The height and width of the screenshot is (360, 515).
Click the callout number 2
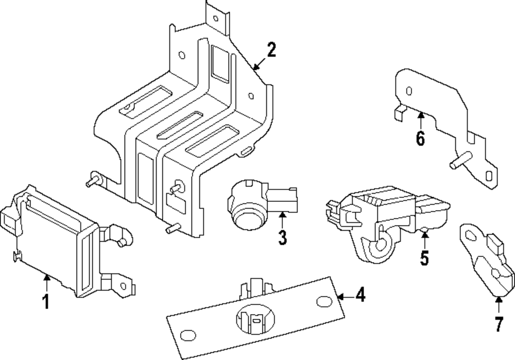coord(271,50)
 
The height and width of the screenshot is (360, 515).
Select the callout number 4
coord(360,296)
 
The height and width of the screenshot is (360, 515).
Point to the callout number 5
coord(424,258)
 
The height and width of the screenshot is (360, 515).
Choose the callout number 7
coord(499,324)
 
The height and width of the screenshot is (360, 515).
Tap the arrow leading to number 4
coord(345,296)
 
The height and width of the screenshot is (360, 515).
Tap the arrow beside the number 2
coord(257,64)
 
